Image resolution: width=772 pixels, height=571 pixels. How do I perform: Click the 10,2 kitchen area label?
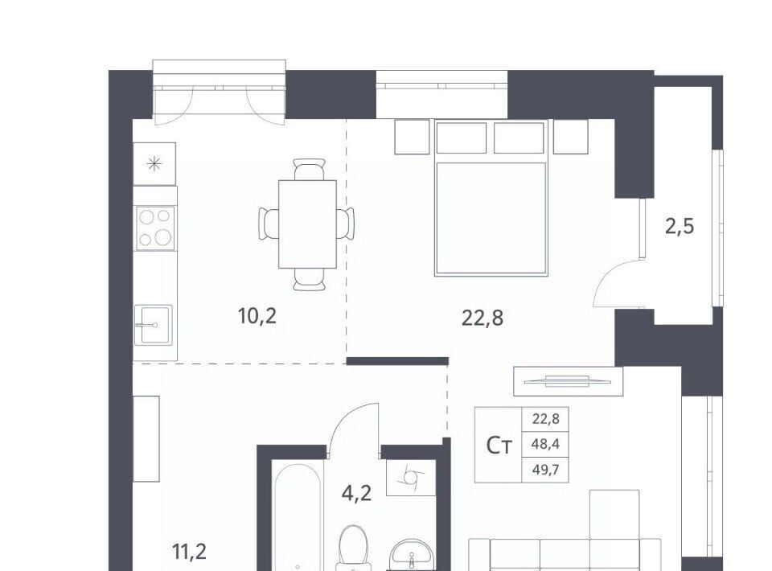(x=257, y=315)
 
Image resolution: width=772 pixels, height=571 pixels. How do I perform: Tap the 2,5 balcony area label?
(x=680, y=227)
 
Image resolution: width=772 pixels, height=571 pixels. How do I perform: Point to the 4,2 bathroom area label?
(x=356, y=493)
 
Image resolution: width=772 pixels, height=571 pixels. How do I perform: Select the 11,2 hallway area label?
(x=190, y=553)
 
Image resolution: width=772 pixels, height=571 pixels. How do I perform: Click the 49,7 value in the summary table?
(x=545, y=470)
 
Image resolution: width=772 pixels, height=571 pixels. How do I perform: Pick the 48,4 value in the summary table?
(x=545, y=445)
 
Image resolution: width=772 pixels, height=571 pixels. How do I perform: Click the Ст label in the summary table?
(x=499, y=446)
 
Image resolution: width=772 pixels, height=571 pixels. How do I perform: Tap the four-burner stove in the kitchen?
(x=155, y=228)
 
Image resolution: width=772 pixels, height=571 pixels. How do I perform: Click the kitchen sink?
(x=154, y=324)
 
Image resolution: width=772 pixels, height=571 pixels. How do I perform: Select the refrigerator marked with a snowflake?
(x=154, y=164)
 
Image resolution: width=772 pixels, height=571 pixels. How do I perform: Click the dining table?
(x=308, y=224)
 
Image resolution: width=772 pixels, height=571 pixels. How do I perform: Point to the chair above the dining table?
(x=309, y=170)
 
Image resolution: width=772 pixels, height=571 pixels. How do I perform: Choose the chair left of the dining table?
(x=269, y=224)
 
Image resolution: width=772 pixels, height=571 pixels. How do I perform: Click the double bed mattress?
(x=491, y=219)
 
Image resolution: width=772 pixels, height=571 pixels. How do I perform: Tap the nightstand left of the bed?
(x=412, y=137)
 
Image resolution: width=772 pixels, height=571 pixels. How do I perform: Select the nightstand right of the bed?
(x=571, y=137)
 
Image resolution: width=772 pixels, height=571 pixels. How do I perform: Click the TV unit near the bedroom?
(x=569, y=381)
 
